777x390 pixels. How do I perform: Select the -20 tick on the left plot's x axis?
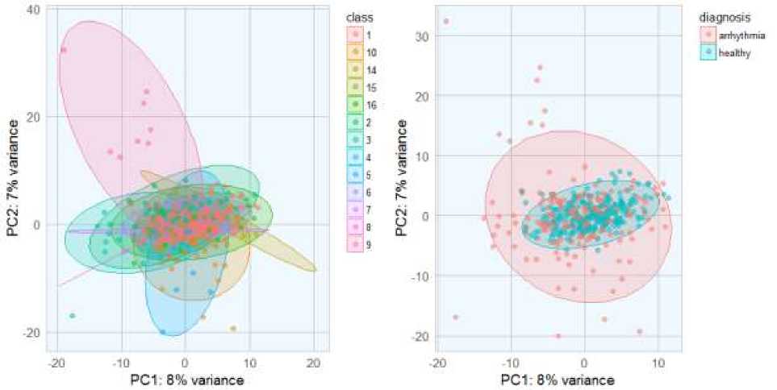(x=56, y=363)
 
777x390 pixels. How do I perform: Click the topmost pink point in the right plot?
(x=445, y=21)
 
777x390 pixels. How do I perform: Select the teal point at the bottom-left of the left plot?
(x=73, y=316)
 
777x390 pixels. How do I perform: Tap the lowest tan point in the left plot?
(x=233, y=329)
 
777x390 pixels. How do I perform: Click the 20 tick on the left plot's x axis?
(x=313, y=363)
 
